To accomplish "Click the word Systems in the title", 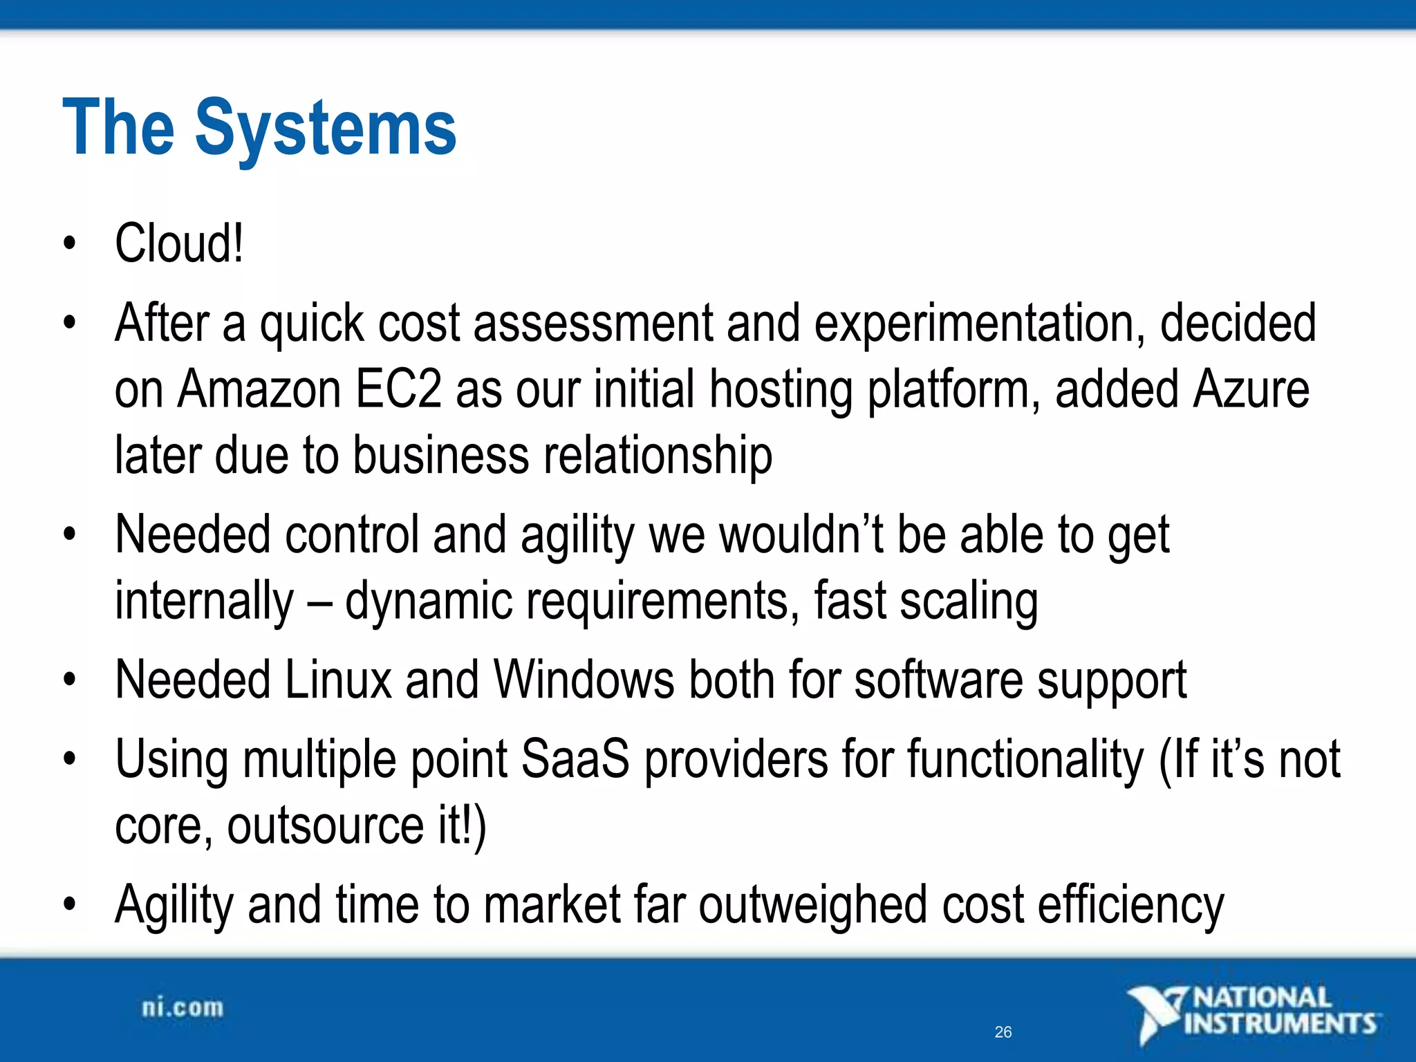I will pos(326,129).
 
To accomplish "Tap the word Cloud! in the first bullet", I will pos(179,243).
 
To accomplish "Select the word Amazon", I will pos(259,389).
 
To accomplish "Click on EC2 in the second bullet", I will pos(398,389).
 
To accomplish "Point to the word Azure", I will pos(1251,389).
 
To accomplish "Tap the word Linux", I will pos(338,680).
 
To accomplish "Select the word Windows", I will pos(584,680).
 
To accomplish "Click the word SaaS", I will pos(575,759).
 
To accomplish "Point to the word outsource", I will pos(325,826).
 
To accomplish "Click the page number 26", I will pos(1003,1032).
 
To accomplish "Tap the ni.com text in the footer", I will pos(183,1008).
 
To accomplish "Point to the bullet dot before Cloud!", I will pos(68,243).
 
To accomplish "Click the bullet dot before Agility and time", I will pos(68,904).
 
